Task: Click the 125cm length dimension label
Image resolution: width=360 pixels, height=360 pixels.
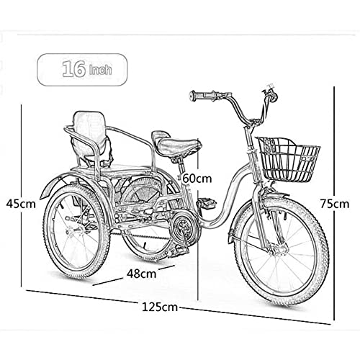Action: click(x=160, y=307)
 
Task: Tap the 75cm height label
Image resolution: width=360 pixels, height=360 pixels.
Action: click(x=335, y=204)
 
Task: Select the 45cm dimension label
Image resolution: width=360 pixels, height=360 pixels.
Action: click(x=21, y=204)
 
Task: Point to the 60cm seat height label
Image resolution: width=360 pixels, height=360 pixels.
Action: click(x=197, y=179)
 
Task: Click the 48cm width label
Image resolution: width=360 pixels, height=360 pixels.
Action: click(x=142, y=274)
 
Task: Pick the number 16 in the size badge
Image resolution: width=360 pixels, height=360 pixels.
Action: click(x=74, y=69)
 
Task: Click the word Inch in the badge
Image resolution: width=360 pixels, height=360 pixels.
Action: click(x=101, y=70)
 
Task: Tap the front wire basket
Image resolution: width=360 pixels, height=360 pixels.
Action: click(x=288, y=160)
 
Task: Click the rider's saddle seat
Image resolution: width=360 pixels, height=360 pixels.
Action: click(x=176, y=143)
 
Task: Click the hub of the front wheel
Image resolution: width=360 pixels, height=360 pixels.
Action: click(x=279, y=250)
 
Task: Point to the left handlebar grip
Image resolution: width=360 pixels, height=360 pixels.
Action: click(x=200, y=96)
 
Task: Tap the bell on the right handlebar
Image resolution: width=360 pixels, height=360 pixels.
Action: click(x=274, y=96)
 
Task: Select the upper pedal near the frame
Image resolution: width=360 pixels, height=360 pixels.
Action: click(x=206, y=203)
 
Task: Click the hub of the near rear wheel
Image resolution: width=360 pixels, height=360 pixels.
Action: click(x=71, y=233)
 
